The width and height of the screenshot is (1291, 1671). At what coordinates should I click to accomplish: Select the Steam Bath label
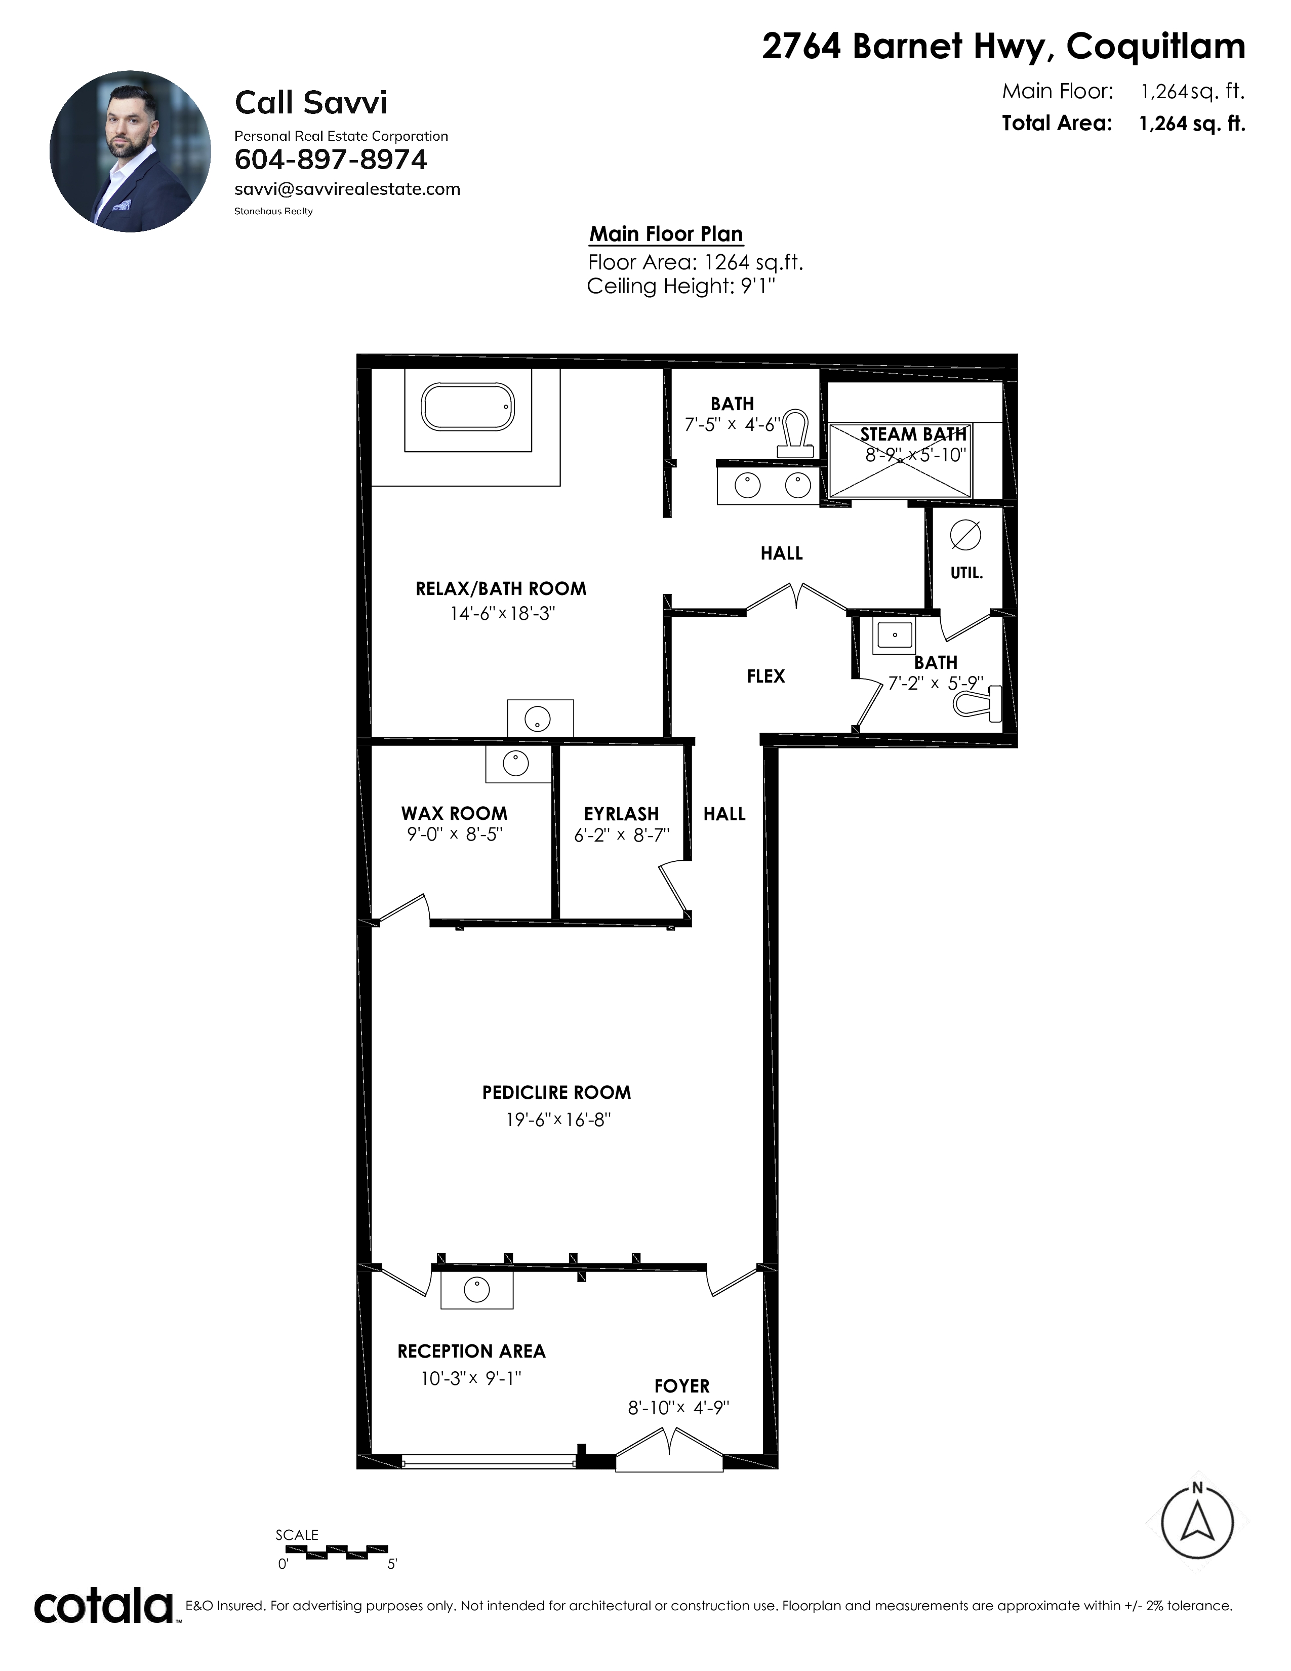tap(913, 434)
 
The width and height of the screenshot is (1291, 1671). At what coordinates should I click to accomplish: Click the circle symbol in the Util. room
tap(965, 535)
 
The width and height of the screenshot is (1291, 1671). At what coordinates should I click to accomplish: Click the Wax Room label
tap(454, 813)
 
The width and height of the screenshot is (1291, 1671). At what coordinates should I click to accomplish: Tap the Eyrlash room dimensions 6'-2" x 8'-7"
tap(622, 834)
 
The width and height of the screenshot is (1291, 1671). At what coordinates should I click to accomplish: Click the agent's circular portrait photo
tap(130, 151)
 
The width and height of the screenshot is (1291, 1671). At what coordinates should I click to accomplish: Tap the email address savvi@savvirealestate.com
tap(347, 189)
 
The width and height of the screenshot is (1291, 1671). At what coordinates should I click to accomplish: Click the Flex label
tap(765, 677)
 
